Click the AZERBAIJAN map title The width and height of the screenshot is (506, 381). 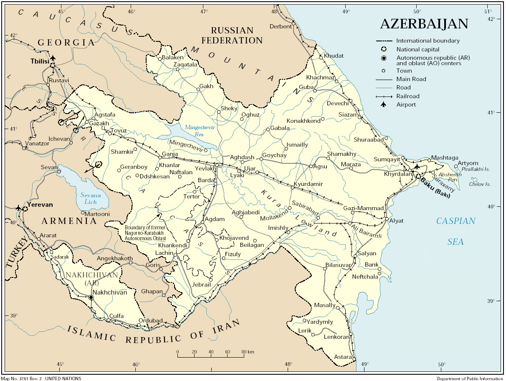[424, 24]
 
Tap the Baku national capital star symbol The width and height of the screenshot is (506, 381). [419, 176]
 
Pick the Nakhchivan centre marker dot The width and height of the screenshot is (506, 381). [91, 297]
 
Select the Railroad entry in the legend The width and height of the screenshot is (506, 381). [408, 96]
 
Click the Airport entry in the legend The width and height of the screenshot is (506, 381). [406, 104]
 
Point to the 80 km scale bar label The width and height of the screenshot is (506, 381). [247, 352]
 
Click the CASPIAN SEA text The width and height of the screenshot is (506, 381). [455, 231]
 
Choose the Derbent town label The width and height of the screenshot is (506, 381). [281, 26]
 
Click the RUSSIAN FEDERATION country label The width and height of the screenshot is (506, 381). [232, 36]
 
